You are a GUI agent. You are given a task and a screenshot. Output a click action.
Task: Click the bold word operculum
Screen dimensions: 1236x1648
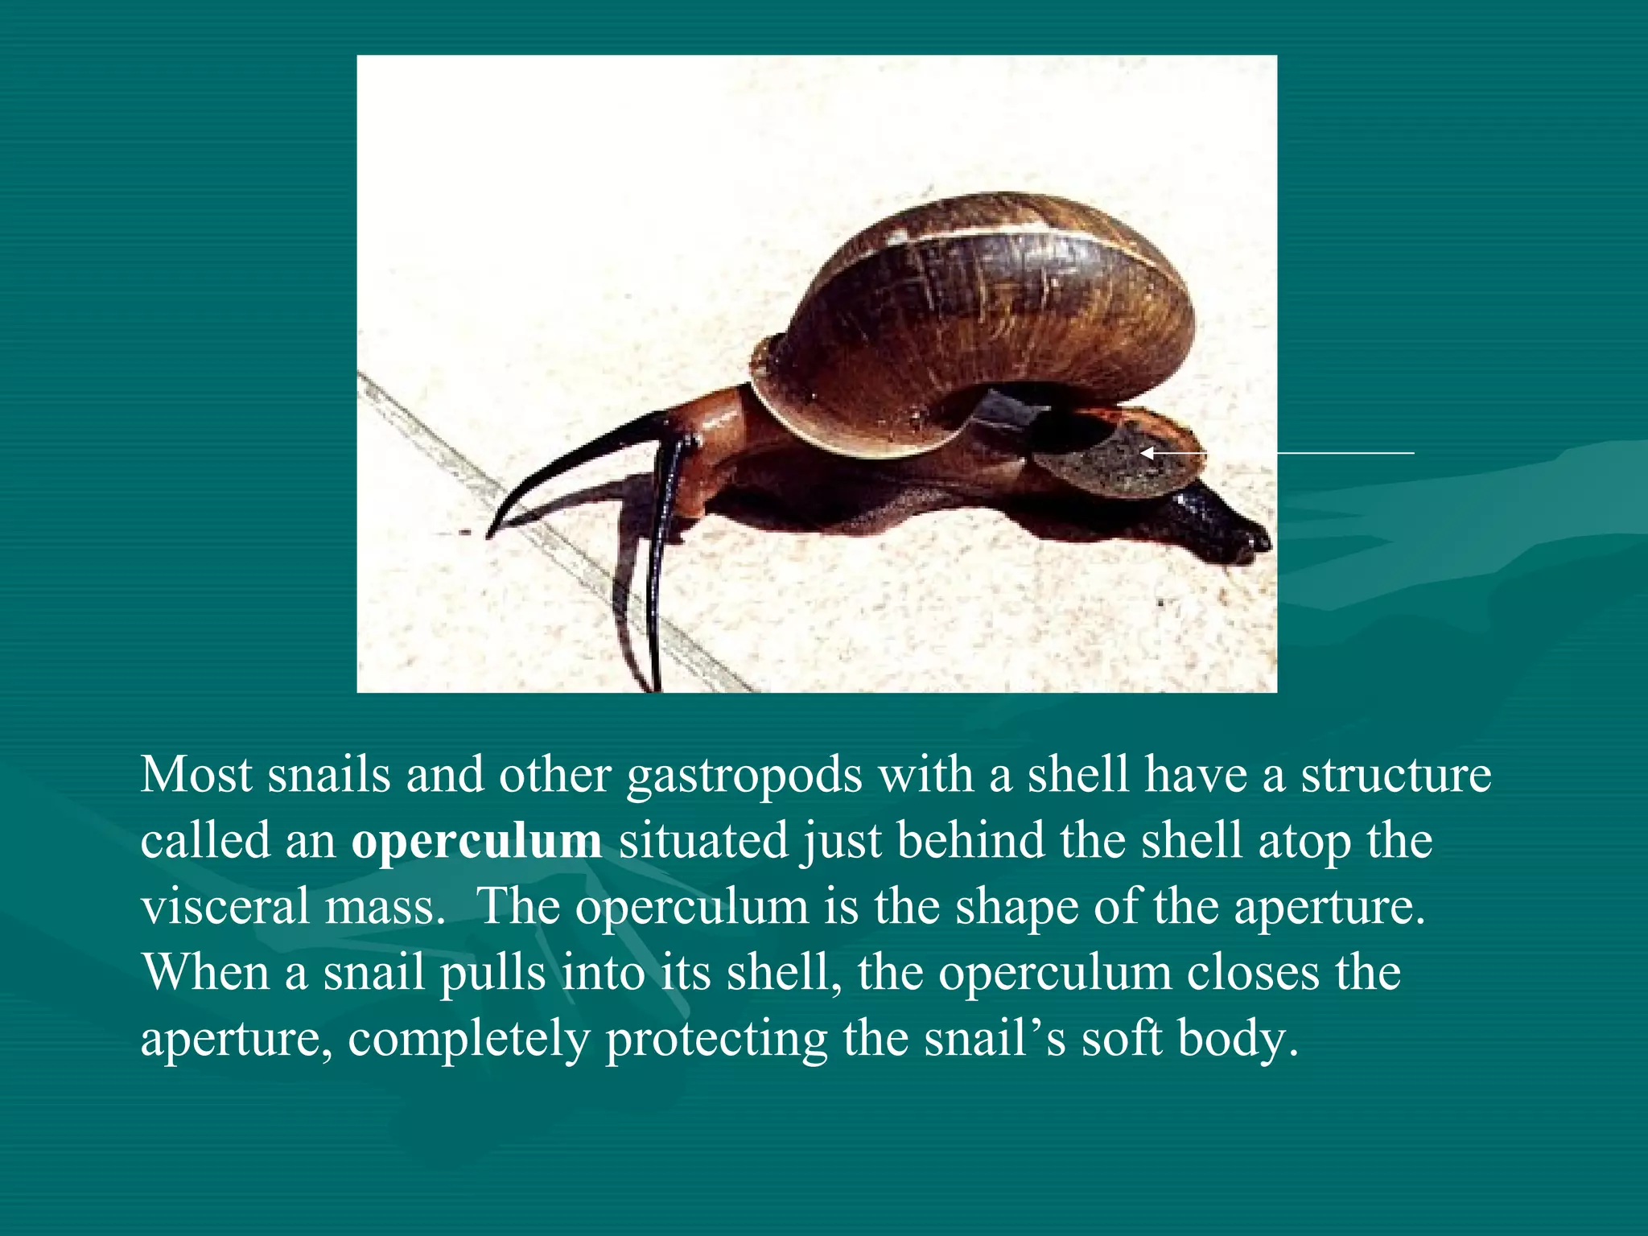[x=476, y=842]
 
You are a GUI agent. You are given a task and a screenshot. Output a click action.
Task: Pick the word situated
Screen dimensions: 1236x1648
[x=702, y=842]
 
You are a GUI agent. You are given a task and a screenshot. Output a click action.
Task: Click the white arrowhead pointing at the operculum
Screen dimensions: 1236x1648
[x=1147, y=454]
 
